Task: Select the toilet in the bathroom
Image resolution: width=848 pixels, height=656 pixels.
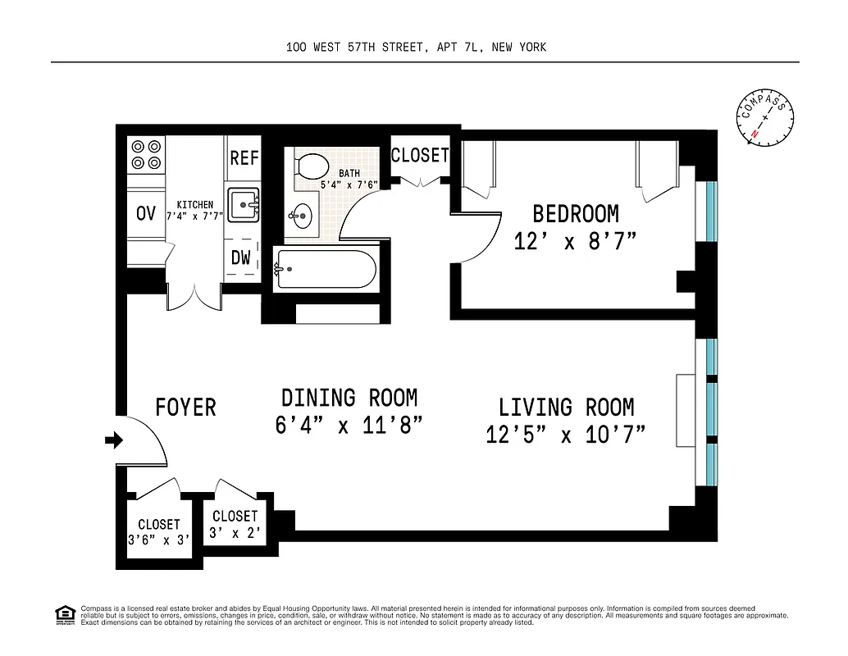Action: [x=311, y=166]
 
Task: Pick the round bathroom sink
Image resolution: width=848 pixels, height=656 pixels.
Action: [x=300, y=216]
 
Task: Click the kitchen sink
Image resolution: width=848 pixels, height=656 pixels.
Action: [x=244, y=204]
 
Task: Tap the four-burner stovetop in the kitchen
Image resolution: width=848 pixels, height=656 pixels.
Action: [x=146, y=154]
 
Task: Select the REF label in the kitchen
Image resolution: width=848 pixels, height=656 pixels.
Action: [x=244, y=157]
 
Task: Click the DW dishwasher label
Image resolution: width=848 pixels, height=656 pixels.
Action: [x=240, y=257]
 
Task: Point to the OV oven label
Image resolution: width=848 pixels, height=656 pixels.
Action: [x=146, y=214]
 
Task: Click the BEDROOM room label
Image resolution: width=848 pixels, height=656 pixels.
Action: [x=576, y=214]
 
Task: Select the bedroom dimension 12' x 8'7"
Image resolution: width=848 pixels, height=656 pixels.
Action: [x=576, y=241]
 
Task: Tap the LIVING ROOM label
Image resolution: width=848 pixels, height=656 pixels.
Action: [x=566, y=407]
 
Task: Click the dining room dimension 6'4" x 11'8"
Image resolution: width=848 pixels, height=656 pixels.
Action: [x=349, y=426]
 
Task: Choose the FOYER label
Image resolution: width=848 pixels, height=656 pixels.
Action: [x=185, y=407]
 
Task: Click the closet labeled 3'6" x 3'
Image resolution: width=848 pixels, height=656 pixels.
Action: [x=158, y=532]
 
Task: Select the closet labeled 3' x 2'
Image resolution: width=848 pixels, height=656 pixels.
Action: [x=235, y=524]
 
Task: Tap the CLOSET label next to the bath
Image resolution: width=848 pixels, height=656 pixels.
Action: [x=420, y=155]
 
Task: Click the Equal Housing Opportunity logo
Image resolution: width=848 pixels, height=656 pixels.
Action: [x=63, y=614]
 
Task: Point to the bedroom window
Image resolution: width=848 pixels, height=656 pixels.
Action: [x=711, y=211]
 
